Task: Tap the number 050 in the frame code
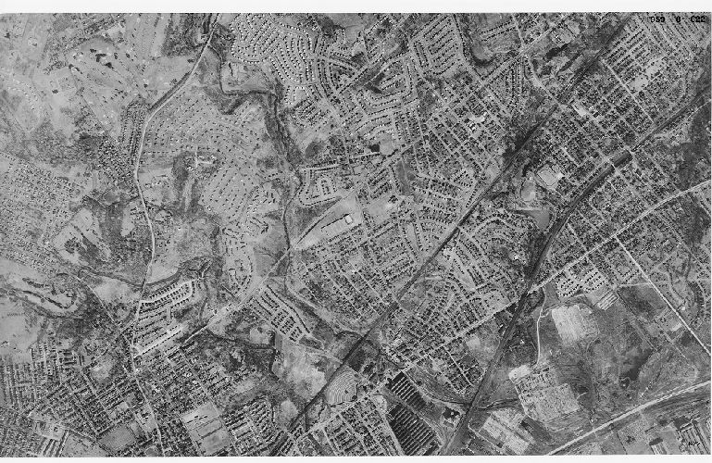tap(657, 18)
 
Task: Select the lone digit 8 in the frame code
tap(676, 18)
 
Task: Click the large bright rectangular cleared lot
tap(573, 323)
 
